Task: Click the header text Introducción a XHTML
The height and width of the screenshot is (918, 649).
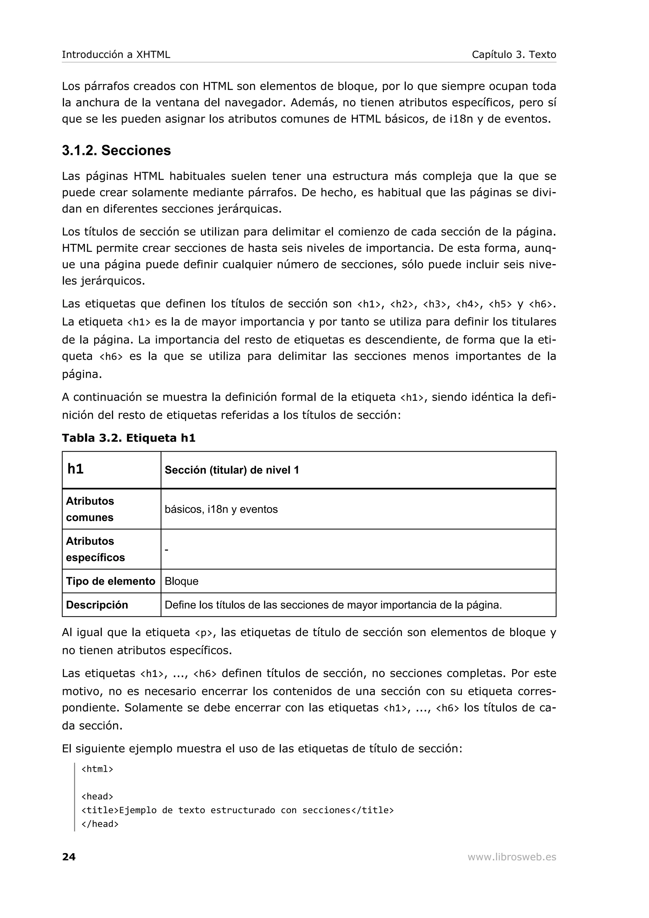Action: (x=116, y=55)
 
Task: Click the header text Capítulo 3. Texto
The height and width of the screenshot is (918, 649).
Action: (x=513, y=55)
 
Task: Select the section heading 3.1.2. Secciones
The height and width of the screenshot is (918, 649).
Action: (x=116, y=151)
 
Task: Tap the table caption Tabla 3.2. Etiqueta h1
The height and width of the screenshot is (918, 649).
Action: (x=128, y=438)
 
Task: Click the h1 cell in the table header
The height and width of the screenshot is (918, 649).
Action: (x=75, y=469)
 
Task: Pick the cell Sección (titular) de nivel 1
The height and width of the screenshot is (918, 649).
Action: (x=232, y=470)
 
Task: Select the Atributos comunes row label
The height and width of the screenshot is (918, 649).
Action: (x=90, y=509)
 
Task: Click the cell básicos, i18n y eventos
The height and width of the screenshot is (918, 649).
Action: (x=221, y=509)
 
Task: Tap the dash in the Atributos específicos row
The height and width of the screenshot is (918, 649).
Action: (x=166, y=550)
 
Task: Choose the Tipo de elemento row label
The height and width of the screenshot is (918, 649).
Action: (x=110, y=581)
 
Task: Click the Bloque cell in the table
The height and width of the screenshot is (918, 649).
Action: (x=181, y=581)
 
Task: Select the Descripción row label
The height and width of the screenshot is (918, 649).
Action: (x=97, y=605)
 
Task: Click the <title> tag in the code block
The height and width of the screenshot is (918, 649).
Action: (x=100, y=810)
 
